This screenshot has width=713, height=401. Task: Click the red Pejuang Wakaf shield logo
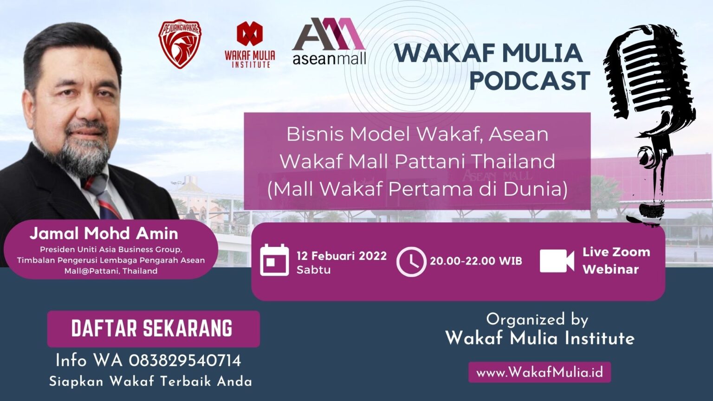coord(180,44)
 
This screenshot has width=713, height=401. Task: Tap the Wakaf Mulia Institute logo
coord(250,45)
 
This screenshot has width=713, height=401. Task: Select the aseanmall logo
coord(329,41)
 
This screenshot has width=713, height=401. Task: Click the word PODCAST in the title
coord(529,80)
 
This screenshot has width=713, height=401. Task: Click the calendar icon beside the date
coord(274,260)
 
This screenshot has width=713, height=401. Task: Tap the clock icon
coord(411,262)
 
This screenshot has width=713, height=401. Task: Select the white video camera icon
coord(557,261)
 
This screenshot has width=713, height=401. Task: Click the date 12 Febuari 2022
coord(342,256)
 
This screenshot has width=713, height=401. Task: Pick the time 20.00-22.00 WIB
coord(476,261)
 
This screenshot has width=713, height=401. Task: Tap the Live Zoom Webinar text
coord(616,260)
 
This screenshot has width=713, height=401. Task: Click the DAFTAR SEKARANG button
coord(153,329)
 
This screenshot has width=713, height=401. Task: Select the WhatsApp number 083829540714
coord(185,361)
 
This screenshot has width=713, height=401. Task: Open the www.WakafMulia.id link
coord(539,372)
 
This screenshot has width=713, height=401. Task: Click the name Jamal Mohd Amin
coord(104,233)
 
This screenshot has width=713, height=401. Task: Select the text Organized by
coord(537,319)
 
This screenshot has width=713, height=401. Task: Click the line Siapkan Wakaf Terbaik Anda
coord(151,382)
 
